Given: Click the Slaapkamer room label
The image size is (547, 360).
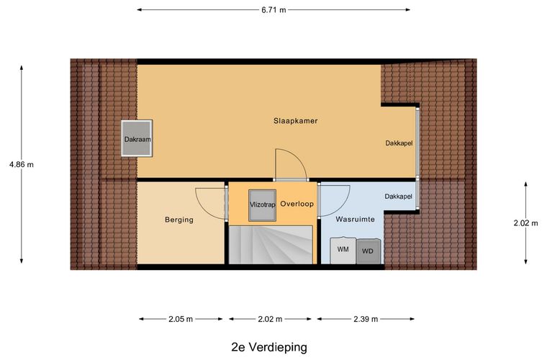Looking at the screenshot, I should [x=295, y=121].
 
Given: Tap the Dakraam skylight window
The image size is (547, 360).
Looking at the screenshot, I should [x=137, y=138].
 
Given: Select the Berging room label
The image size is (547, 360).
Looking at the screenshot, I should [x=178, y=220].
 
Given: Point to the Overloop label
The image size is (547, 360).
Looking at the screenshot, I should [x=297, y=204].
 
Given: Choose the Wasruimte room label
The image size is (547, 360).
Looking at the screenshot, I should [x=355, y=219].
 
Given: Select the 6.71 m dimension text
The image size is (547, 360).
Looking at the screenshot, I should [x=273, y=10].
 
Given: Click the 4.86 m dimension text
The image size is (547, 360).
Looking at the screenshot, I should [x=21, y=164].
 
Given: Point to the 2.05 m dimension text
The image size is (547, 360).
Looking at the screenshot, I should [x=181, y=319].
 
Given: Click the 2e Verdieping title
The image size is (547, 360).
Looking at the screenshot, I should [x=268, y=346].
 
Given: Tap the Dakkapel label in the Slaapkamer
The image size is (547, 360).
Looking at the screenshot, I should [x=398, y=143].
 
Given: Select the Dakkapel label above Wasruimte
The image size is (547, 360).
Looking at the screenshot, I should [x=398, y=196].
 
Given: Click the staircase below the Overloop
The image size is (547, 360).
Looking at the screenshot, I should [x=271, y=245].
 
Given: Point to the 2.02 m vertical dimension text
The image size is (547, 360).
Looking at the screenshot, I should [x=525, y=223].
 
